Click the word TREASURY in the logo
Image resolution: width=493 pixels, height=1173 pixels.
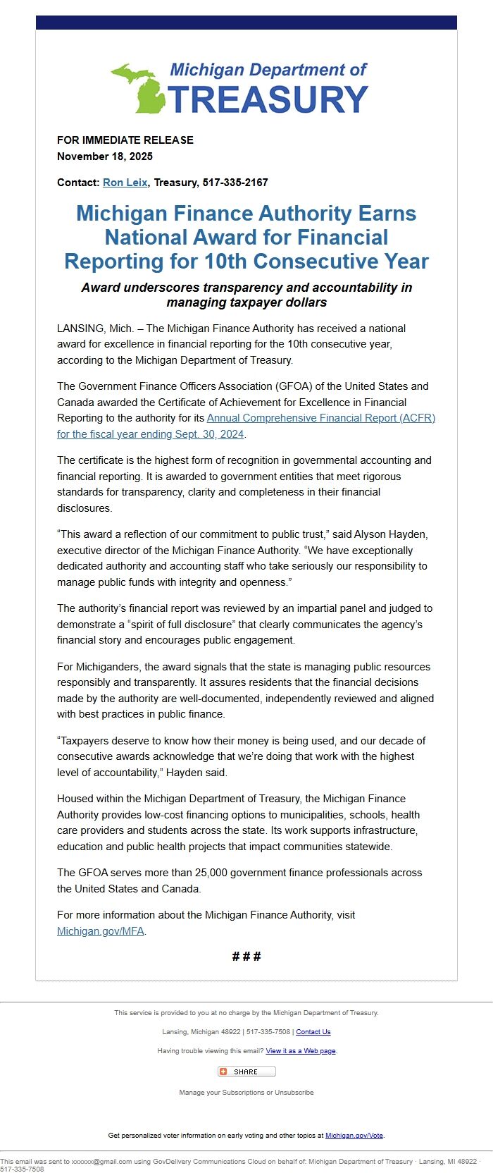[x=268, y=99]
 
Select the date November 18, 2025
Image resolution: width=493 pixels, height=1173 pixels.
[x=105, y=156]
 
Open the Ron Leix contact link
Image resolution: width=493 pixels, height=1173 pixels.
[x=125, y=183]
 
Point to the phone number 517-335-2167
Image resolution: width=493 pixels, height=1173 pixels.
[x=235, y=183]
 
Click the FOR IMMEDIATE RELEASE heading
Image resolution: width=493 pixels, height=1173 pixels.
[x=125, y=140]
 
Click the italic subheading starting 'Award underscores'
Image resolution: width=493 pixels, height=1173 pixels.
[x=246, y=295]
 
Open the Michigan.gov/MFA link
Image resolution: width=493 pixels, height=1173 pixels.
[x=101, y=931]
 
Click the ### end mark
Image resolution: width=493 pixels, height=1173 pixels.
[x=246, y=957]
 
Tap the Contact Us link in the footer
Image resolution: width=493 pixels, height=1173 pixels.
[x=313, y=1032]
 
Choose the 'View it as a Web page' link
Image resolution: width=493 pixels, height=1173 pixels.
[x=301, y=1051]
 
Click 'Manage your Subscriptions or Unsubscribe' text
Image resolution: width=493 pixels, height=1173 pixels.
[x=246, y=1093]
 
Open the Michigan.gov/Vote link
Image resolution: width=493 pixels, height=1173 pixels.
[x=354, y=1136]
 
